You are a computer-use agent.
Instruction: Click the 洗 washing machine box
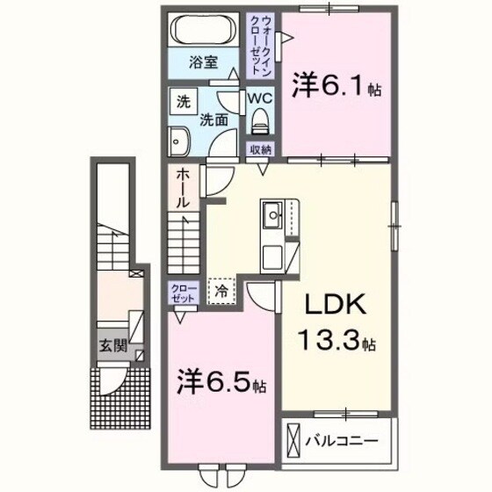click(x=183, y=101)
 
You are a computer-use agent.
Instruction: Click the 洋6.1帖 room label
click(x=336, y=88)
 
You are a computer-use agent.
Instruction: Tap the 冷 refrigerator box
click(x=221, y=289)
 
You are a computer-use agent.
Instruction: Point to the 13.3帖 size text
click(x=339, y=343)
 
